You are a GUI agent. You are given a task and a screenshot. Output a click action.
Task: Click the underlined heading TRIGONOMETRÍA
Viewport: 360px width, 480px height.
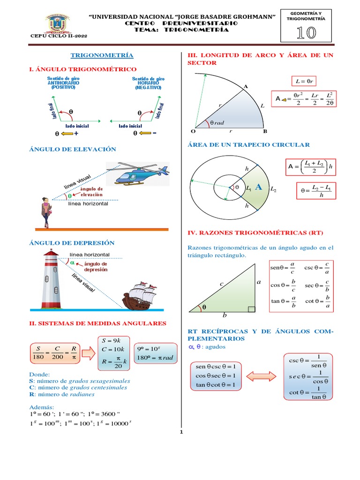(102, 55)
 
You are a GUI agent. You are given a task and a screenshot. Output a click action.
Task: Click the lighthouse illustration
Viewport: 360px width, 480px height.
(50, 278)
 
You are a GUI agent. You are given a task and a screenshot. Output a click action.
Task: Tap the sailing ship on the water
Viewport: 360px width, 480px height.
(139, 295)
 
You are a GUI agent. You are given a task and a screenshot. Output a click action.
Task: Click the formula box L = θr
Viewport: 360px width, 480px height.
(304, 81)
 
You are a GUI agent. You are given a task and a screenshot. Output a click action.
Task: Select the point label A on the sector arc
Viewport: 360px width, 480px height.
(245, 86)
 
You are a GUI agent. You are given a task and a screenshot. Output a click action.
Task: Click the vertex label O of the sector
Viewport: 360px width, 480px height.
(193, 131)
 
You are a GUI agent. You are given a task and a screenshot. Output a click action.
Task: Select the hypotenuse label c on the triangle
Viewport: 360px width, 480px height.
(221, 284)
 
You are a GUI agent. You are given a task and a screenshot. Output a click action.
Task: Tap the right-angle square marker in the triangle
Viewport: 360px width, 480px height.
(252, 309)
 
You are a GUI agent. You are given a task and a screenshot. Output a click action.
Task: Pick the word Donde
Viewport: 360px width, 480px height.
(39, 375)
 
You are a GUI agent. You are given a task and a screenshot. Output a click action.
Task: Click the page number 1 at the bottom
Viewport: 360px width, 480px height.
(181, 432)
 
